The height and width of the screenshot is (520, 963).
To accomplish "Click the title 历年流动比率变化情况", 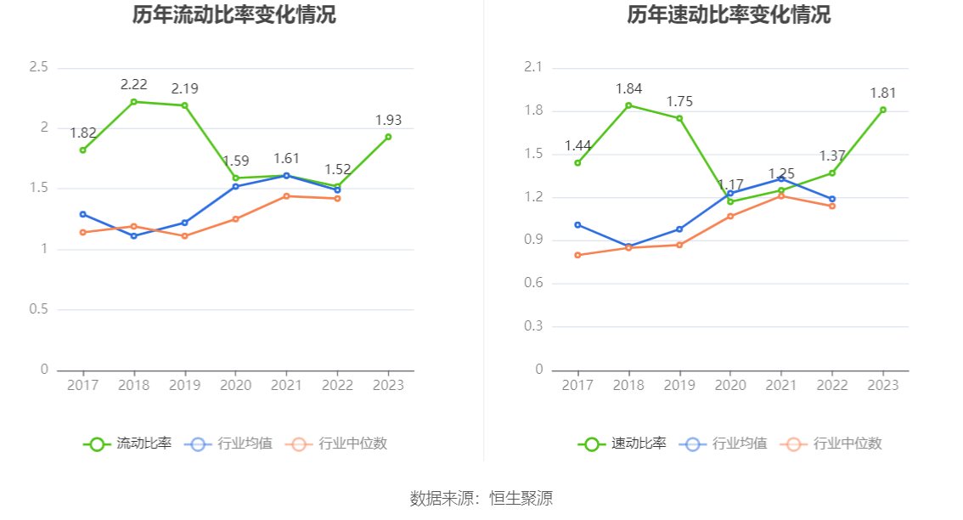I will tap(234, 15).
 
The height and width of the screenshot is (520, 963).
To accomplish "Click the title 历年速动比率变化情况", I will tap(729, 15).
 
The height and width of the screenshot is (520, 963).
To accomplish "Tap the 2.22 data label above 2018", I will tap(134, 84).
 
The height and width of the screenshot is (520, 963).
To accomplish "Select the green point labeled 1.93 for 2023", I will tap(388, 137).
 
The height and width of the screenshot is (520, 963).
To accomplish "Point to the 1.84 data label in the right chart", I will tap(629, 88).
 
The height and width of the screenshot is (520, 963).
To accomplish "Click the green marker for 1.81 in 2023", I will tap(883, 110).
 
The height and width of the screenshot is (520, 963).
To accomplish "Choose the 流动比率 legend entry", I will tap(127, 444).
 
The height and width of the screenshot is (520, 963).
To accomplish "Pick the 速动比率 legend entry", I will tap(622, 444).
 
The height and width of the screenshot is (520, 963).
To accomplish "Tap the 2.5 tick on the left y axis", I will tap(38, 67).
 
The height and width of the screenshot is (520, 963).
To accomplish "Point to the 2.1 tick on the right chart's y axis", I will tap(533, 67).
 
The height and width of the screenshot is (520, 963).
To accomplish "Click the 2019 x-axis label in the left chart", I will tap(184, 385).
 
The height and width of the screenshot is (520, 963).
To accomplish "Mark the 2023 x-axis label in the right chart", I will tap(883, 385).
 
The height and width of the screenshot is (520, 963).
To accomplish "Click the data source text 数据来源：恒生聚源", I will tap(481, 498).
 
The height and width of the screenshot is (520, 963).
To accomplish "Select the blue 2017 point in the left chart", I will tap(82, 214).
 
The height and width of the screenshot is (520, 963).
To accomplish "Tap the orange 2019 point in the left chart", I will tap(184, 236).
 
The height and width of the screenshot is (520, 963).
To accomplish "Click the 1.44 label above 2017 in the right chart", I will tap(578, 145).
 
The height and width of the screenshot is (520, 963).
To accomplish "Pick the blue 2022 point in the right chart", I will tap(832, 199).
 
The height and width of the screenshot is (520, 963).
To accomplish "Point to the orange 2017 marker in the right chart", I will tap(577, 255).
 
